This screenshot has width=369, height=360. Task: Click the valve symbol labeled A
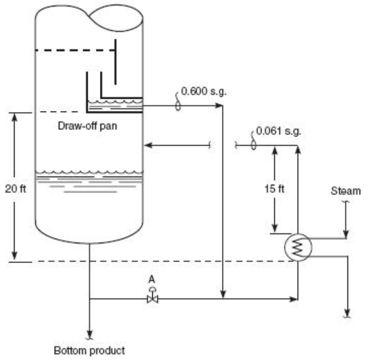(x=152, y=297)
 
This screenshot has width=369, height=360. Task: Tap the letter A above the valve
(x=152, y=280)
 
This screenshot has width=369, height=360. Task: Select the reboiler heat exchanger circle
(x=298, y=247)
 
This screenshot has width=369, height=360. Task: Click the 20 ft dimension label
(x=16, y=189)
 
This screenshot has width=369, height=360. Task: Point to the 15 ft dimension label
(x=274, y=189)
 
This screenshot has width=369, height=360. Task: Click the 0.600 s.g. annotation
(x=204, y=92)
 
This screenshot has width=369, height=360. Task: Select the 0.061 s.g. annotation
(x=278, y=131)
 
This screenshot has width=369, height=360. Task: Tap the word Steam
(x=346, y=191)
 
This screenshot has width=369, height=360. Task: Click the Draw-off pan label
(x=87, y=126)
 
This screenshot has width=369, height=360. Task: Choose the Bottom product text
(x=89, y=351)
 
